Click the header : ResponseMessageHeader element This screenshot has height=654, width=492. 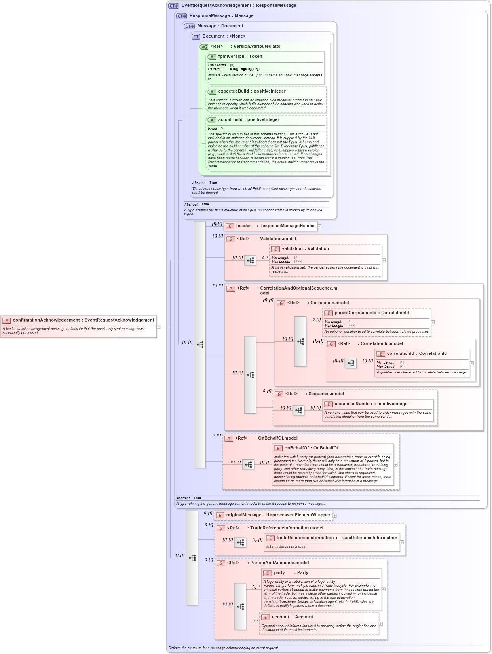[275, 226]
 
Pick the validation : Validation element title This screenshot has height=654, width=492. [305, 249]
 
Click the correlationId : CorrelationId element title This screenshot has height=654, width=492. [416, 354]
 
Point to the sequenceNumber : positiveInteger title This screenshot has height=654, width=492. [372, 404]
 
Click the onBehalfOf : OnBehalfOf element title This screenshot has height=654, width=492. [311, 448]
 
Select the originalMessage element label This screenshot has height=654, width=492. [278, 515]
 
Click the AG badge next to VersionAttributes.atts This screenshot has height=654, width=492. [204, 47]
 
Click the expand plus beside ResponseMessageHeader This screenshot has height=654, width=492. [319, 226]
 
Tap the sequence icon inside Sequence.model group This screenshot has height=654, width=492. [298, 411]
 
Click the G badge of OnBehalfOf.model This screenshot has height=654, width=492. [229, 439]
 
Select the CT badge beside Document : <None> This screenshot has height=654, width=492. [196, 37]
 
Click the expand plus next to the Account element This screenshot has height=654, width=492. [381, 624]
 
